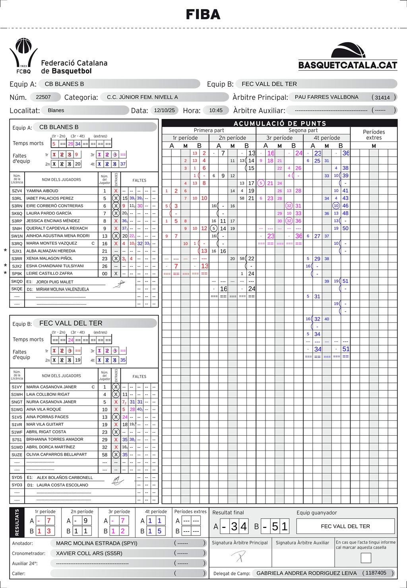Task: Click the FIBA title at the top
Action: pyautogui.click(x=203, y=15)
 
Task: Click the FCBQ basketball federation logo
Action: pyautogui.click(x=23, y=56)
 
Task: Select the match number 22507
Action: pyautogui.click(x=43, y=97)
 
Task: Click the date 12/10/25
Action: pyautogui.click(x=164, y=110)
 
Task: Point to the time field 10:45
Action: pyautogui.click(x=216, y=110)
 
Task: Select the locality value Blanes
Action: pyautogui.click(x=56, y=110)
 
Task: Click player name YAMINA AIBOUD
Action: pyautogui.click(x=42, y=191)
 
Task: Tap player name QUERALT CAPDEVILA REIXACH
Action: pyautogui.click(x=57, y=228)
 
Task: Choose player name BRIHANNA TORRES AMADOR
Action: pyautogui.click(x=55, y=439)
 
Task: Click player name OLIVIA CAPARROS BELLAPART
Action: pyautogui.click(x=56, y=454)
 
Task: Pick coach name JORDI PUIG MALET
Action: pyautogui.click(x=55, y=282)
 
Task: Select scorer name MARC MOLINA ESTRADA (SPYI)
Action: pyautogui.click(x=97, y=543)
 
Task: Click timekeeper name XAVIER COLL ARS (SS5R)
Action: pyautogui.click(x=89, y=553)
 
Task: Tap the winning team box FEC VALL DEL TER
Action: pyautogui.click(x=345, y=526)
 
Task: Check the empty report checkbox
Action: pyautogui.click(x=366, y=558)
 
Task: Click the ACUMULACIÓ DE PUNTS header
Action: pyautogui.click(x=280, y=123)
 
